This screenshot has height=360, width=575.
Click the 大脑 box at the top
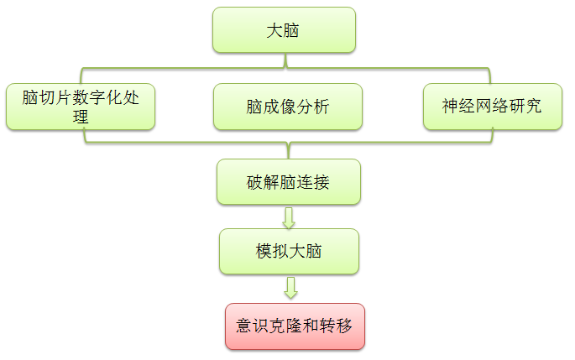coord(285,30)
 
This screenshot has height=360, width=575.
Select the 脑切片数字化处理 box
coord(81,107)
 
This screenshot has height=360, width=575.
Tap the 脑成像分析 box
coord(288,107)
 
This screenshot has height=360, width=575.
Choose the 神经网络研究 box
coord(492,107)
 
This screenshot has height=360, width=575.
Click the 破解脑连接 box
coord(289,182)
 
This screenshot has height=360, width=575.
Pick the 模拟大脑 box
coord(289,251)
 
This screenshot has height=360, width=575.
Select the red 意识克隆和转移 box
coord(295,326)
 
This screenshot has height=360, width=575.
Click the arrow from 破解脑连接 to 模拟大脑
coord(290,217)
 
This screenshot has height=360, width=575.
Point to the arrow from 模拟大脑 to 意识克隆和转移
coord(290,288)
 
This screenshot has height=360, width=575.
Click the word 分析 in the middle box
coord(313,107)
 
